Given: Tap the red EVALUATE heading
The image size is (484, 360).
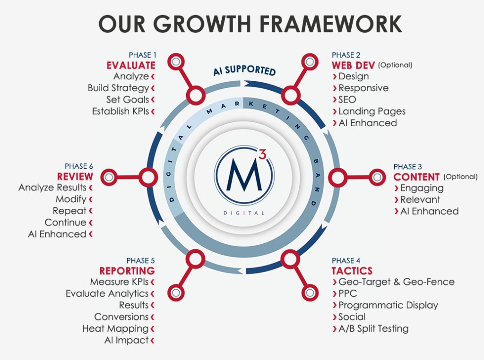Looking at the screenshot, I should click(x=130, y=65).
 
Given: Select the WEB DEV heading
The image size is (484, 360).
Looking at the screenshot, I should click(x=353, y=65).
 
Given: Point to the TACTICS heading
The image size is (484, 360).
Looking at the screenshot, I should click(x=352, y=271).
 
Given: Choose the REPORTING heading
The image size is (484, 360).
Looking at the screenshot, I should click(x=127, y=271).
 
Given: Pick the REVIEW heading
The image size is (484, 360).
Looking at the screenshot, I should click(x=75, y=177).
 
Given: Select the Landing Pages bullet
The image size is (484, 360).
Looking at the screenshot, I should click(x=372, y=111).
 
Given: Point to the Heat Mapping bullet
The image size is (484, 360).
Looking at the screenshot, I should click(x=115, y=328).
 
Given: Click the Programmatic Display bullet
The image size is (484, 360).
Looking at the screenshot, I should click(x=388, y=305).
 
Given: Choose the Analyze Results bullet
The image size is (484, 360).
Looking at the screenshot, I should click(x=52, y=188).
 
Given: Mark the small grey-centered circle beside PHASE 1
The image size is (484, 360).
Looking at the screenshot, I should click(x=176, y=62).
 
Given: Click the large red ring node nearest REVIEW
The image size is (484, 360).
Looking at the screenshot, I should click(x=147, y=178).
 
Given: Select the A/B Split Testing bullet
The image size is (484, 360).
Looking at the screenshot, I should click(x=373, y=328).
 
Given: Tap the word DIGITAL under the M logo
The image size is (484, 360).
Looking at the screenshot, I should click(x=244, y=213).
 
